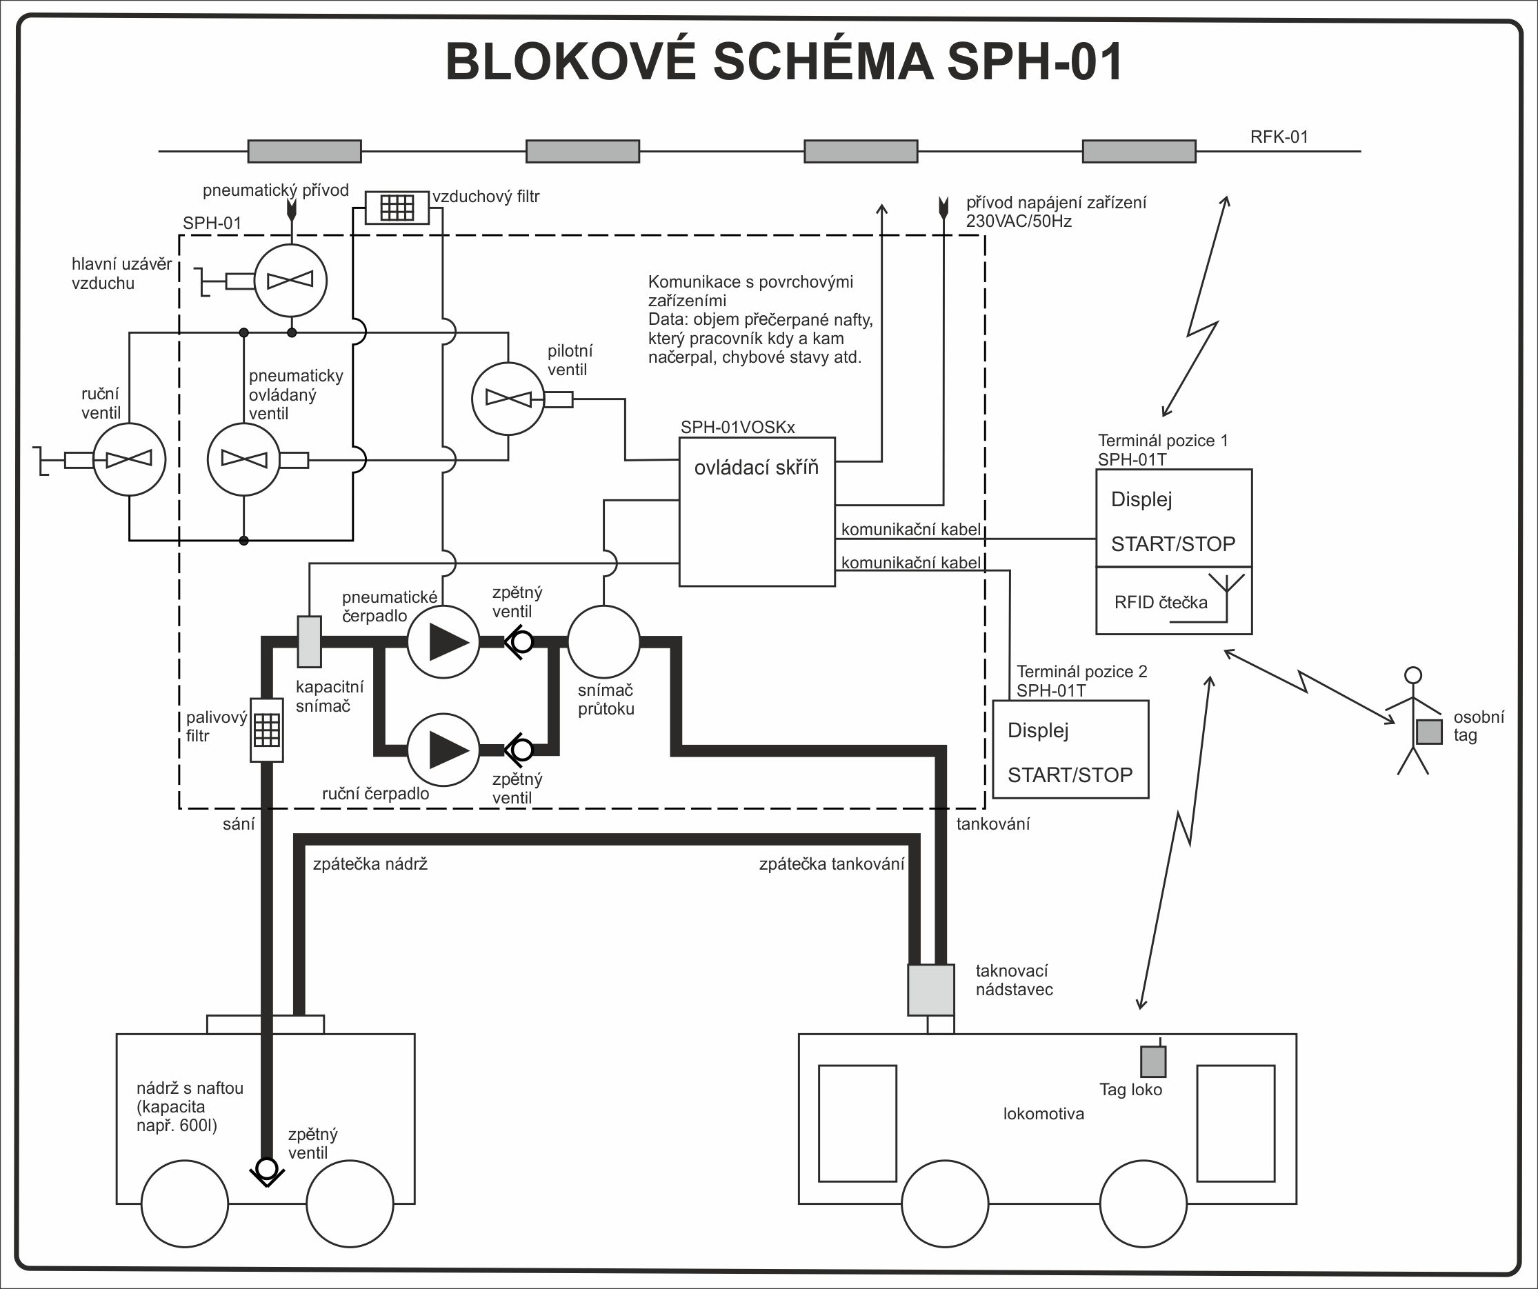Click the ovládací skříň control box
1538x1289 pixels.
[x=757, y=512]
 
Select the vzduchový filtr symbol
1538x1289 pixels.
[x=397, y=208]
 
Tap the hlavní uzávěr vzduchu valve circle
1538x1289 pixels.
[x=291, y=281]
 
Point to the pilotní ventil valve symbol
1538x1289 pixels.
[x=508, y=399]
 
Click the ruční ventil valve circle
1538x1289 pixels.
[x=129, y=459]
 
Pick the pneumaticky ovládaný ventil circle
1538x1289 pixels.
[x=244, y=459]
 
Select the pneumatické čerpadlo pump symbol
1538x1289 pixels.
[x=443, y=641]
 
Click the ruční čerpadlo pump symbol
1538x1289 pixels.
[x=443, y=750]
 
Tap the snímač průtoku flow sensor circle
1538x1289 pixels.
[x=603, y=641]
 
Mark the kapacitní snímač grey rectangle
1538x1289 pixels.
[x=309, y=641]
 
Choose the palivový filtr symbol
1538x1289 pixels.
[x=267, y=730]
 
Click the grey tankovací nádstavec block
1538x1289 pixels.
[x=931, y=990]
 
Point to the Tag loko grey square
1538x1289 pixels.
[x=1152, y=1061]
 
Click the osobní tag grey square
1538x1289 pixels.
[x=1428, y=732]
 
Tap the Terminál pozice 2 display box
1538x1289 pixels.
[x=1070, y=749]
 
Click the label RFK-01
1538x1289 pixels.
[x=1279, y=137]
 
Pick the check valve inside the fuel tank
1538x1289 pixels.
[x=267, y=1168]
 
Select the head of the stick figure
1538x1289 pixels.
[x=1413, y=675]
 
